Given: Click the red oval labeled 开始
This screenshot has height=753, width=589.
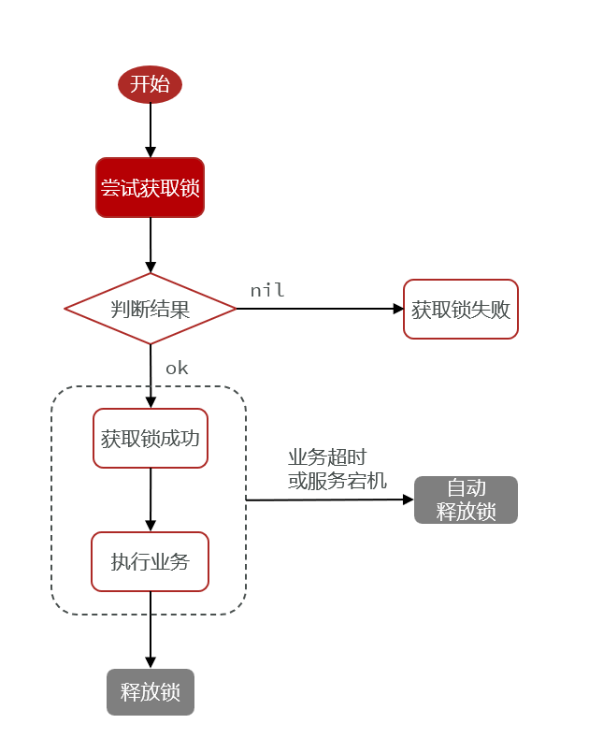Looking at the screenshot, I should coord(150,84).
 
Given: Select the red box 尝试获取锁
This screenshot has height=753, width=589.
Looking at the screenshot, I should coord(150,188).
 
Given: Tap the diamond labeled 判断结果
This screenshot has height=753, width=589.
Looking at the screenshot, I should coord(150,309).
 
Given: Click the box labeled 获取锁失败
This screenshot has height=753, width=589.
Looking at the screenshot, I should coord(461,309).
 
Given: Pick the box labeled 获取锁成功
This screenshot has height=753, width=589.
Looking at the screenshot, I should coord(150,438).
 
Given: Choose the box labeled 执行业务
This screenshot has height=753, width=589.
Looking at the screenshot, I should coord(150,561).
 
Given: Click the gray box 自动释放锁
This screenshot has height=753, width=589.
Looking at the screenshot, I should coord(466,500).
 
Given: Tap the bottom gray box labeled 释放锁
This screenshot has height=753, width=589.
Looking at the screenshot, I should coord(150,692).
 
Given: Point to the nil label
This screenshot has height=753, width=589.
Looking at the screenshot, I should coord(267,291).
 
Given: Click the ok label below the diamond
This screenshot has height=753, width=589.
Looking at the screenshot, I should coord(177,369).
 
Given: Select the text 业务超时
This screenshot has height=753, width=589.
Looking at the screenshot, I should coord(327,457).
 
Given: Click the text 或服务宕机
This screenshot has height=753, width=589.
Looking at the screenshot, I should coord(338,481).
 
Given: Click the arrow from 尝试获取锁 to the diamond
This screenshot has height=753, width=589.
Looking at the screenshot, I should coord(150,243).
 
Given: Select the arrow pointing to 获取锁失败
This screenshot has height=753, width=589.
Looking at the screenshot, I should coord(318,309).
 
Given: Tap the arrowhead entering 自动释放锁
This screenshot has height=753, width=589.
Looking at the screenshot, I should coord(408,500).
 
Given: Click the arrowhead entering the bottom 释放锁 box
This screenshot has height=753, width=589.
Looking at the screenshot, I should coord(150,662).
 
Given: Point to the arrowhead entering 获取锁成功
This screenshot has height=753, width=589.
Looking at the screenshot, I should coord(150,402).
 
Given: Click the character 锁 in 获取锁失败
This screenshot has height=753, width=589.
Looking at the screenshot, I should coord(461,310).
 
